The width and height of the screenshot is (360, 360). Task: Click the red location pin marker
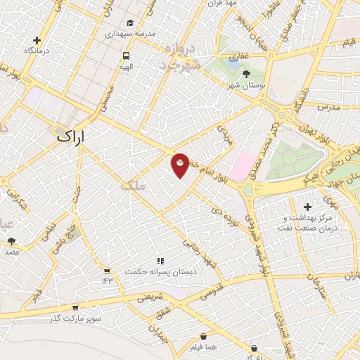click(x=181, y=165)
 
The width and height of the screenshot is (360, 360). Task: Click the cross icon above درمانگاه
click(x=37, y=40)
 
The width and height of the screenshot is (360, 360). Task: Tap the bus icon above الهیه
click(x=126, y=56)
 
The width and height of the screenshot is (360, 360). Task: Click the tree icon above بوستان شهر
click(x=245, y=73)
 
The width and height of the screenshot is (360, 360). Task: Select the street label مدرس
click(x=328, y=107)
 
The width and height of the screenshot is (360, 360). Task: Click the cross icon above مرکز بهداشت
click(x=307, y=206)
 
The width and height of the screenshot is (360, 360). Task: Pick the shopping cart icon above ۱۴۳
click(x=106, y=270)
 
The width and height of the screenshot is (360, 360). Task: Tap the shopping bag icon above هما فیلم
click(x=203, y=337)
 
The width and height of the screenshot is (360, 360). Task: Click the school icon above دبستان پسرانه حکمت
click(x=161, y=260)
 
